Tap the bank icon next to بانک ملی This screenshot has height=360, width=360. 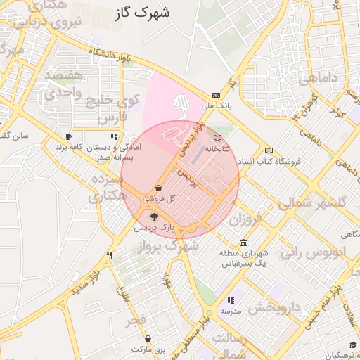(216, 96)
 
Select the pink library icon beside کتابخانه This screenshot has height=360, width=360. (217, 138)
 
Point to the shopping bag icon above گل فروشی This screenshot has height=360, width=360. (160, 188)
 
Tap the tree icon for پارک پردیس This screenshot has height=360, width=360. (154, 217)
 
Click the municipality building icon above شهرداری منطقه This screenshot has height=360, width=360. (243, 243)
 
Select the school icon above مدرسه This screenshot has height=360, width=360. (231, 300)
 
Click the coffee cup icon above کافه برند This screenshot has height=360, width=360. (68, 136)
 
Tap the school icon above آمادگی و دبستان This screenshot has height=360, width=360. (114, 136)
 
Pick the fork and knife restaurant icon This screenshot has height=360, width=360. (109, 256)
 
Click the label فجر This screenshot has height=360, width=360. (136, 321)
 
